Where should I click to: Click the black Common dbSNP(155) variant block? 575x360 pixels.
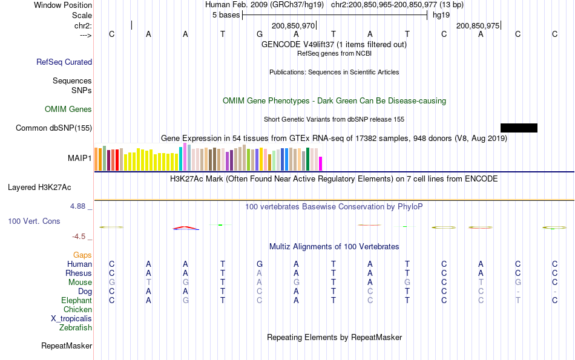point(519,128)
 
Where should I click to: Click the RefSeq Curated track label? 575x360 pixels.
point(64,62)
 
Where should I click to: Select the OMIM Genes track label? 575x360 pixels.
point(68,110)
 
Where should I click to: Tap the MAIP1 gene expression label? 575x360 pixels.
point(80,159)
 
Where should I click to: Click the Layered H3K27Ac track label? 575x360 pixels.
point(50,188)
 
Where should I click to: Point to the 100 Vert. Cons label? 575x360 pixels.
point(34,221)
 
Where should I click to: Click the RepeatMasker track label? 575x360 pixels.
point(67,346)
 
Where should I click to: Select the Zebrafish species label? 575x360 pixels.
point(76,328)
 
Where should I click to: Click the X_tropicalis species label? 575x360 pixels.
point(71,319)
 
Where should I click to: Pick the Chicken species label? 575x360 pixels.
point(77,310)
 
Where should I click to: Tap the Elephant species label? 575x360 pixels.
point(76,301)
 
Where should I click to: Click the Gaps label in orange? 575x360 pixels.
point(82,255)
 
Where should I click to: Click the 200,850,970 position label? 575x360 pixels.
point(294,26)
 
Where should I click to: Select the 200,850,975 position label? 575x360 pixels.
point(478,26)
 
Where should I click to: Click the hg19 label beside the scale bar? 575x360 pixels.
point(441,15)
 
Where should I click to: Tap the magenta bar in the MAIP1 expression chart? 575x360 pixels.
point(321,164)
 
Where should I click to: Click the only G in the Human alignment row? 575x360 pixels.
point(260,264)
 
